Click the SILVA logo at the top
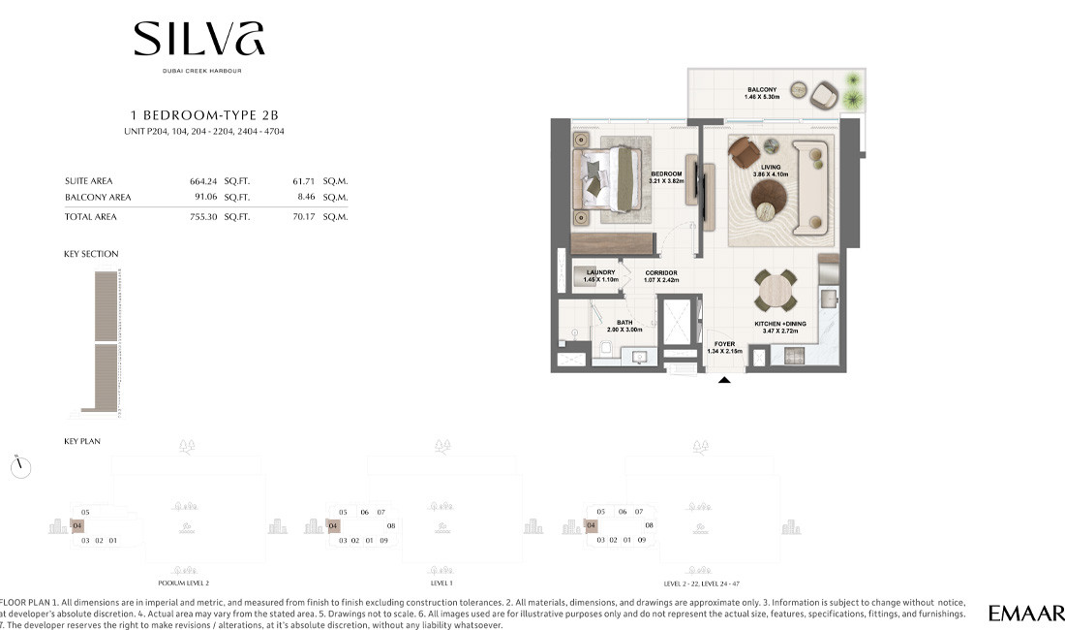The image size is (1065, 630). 199,39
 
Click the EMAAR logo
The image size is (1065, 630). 1025,613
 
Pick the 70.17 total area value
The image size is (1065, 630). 306,217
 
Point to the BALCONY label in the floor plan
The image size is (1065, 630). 762,90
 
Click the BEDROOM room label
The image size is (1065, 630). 666,173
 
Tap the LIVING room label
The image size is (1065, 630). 771,168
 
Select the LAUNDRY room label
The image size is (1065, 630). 600,272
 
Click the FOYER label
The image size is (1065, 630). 724,344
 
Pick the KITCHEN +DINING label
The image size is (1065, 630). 780,325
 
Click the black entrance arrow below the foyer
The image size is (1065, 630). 724,381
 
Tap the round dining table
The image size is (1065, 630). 776,289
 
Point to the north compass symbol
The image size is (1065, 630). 21,467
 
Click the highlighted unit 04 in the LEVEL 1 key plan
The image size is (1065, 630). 333,526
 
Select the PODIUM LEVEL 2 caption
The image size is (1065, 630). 184,583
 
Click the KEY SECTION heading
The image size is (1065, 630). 91,254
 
